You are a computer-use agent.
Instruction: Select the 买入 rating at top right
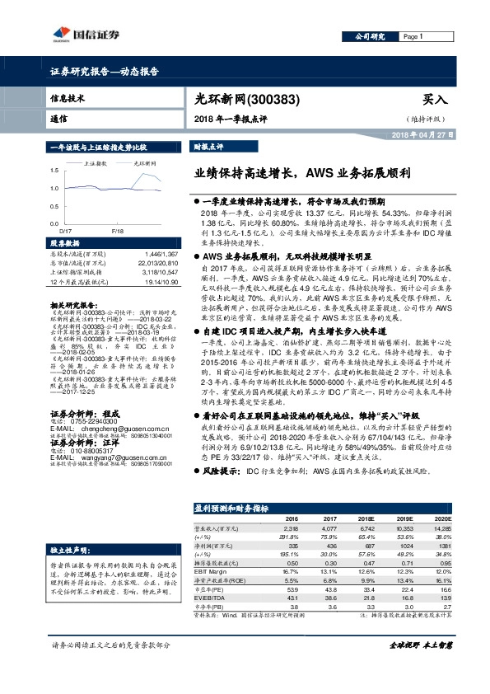pos(434,99)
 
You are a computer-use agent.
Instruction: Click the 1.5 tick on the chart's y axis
pos(54,171)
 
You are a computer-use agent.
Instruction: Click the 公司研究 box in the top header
pos(370,36)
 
